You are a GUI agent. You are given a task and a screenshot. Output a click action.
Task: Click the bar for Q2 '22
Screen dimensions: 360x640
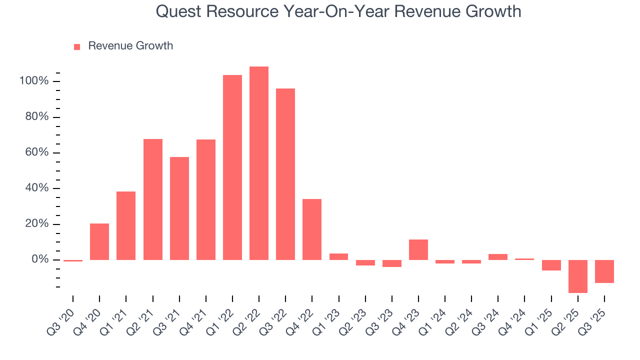(x=259, y=163)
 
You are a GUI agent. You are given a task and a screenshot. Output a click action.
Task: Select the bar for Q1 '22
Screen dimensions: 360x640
(x=232, y=167)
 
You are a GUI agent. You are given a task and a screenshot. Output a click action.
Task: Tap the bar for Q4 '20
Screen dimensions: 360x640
(x=99, y=241)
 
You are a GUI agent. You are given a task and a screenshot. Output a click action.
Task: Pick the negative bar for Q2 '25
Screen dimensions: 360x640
(x=578, y=276)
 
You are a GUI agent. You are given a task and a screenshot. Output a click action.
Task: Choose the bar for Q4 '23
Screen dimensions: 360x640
(x=418, y=249)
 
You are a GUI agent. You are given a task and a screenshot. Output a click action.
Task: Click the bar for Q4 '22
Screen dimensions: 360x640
(x=312, y=229)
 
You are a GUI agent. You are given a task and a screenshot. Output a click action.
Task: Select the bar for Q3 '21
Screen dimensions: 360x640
(x=179, y=208)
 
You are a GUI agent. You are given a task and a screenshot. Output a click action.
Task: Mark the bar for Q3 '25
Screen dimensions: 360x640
(x=604, y=271)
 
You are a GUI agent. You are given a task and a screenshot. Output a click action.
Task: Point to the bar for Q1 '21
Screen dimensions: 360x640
(x=126, y=225)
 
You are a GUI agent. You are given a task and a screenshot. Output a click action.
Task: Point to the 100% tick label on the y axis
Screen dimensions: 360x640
(x=34, y=81)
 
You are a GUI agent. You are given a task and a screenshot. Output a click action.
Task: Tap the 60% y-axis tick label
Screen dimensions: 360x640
(x=36, y=152)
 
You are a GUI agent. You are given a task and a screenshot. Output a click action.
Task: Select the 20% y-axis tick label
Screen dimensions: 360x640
(x=36, y=224)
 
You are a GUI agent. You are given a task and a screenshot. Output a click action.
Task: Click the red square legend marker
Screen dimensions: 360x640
(x=77, y=46)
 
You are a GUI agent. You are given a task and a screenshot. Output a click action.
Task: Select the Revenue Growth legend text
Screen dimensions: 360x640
(x=130, y=46)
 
